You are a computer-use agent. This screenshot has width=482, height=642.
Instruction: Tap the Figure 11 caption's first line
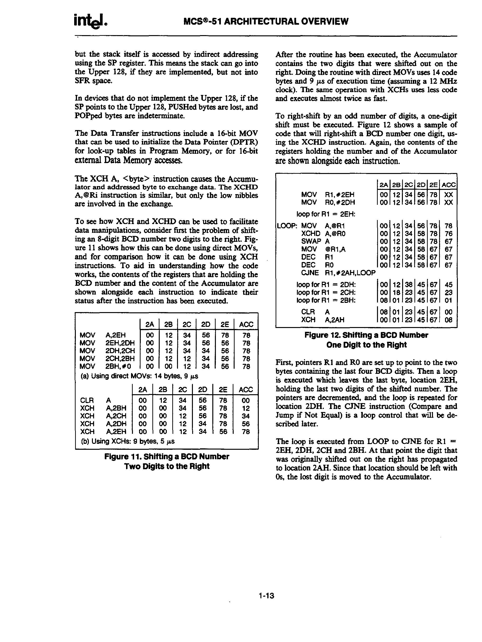point(167,457)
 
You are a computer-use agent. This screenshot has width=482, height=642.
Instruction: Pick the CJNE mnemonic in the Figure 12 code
point(310,273)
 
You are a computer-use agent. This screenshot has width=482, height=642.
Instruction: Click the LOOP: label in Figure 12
point(287,226)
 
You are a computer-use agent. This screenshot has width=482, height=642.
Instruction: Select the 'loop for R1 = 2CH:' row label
point(326,293)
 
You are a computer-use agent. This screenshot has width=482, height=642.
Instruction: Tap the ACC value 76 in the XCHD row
point(448,234)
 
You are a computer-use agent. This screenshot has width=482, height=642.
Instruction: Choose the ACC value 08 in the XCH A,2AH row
point(448,320)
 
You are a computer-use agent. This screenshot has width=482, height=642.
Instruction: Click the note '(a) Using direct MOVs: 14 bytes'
point(139,376)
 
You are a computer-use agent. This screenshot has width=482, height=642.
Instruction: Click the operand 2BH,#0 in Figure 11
point(118,366)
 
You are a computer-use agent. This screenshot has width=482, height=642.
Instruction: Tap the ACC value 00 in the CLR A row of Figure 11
point(246,401)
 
